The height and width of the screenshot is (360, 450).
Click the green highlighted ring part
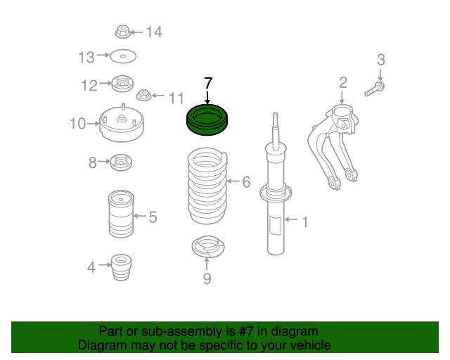(207, 128)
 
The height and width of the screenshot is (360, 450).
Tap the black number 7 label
(208, 83)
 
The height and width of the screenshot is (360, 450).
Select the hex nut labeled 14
(122, 32)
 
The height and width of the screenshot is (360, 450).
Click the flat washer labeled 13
(123, 56)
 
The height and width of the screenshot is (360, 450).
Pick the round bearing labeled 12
(122, 84)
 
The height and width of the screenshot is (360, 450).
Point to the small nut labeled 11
(143, 95)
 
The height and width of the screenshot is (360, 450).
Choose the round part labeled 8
(121, 162)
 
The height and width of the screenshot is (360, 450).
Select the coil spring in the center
(207, 186)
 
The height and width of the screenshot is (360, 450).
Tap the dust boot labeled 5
(121, 214)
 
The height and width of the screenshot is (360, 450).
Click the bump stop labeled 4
(121, 267)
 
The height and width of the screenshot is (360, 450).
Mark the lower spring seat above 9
(208, 247)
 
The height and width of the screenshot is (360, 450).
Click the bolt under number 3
(375, 89)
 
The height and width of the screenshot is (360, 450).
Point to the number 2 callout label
(343, 83)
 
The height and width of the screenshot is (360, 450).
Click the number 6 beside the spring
(246, 181)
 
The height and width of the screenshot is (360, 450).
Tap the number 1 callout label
(305, 222)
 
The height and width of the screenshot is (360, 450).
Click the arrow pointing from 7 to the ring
(207, 97)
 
